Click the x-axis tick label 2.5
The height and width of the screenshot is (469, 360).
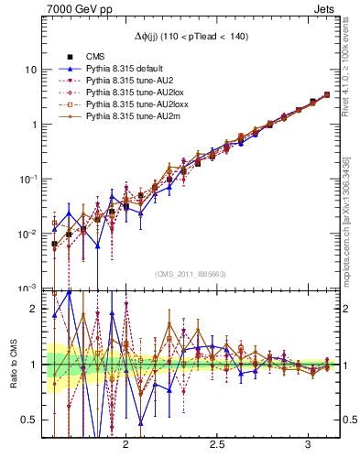click(x=217, y=443)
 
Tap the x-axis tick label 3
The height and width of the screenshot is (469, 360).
click(x=308, y=443)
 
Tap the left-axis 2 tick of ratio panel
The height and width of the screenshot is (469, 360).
click(x=33, y=310)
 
